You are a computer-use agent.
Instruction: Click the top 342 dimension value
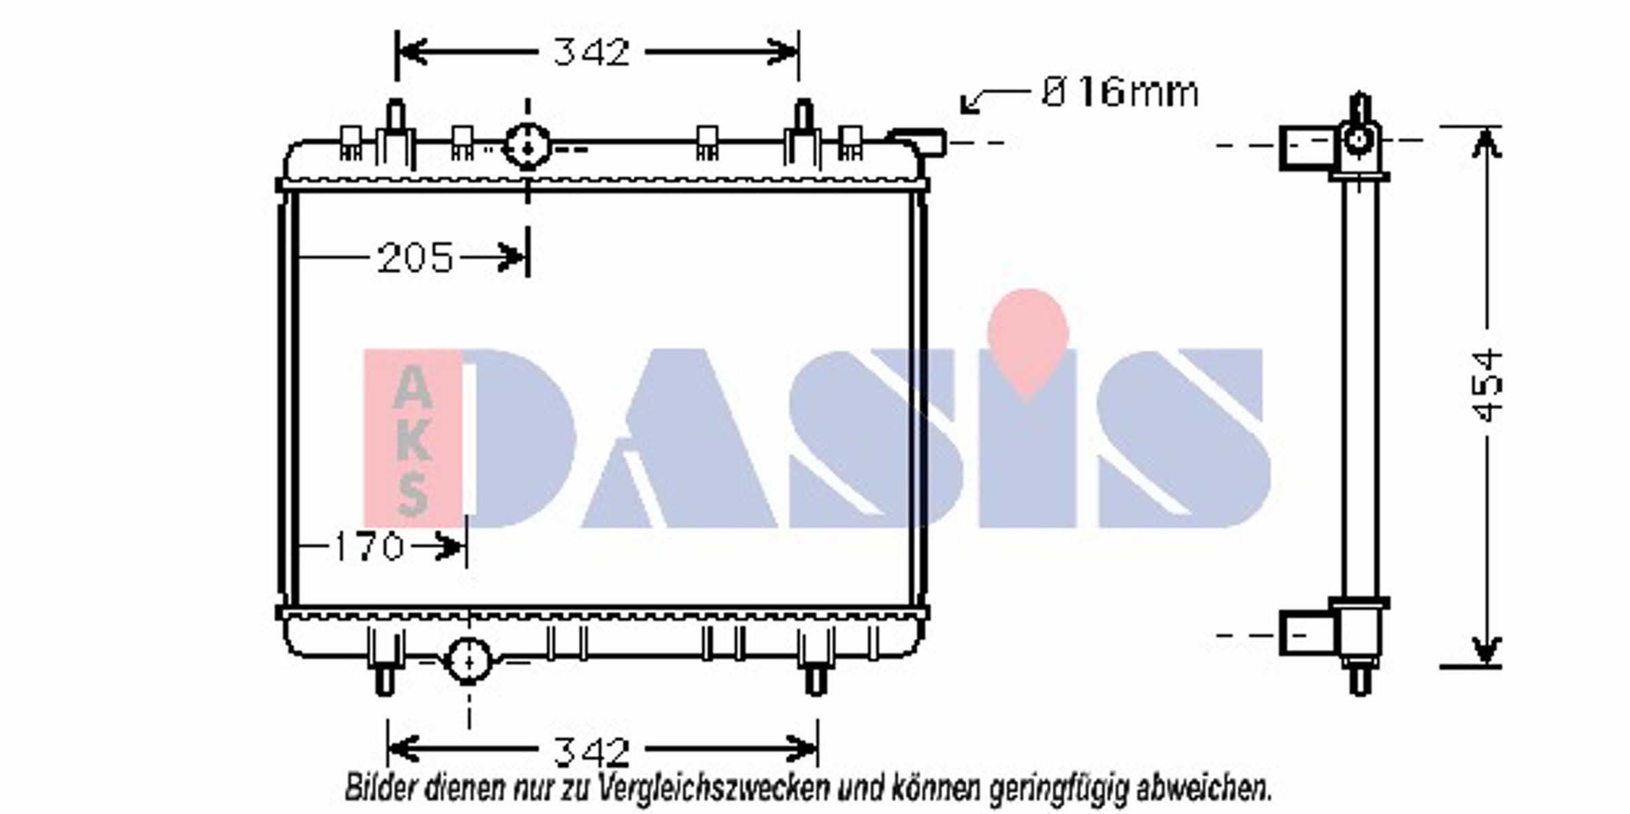coord(591,52)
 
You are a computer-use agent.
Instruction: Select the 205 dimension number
coord(415,258)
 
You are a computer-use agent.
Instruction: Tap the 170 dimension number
coord(369,547)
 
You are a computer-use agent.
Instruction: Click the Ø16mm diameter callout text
coord(1120,93)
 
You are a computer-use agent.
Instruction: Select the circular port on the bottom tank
coord(469,661)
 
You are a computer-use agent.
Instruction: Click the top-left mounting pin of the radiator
coord(396,116)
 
